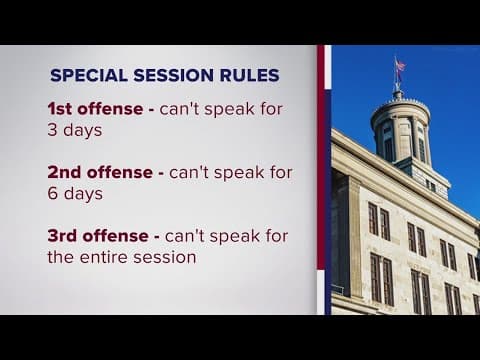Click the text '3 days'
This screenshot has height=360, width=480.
tap(75, 130)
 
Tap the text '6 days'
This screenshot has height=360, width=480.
tap(75, 193)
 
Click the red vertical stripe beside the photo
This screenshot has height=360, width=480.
tap(324, 180)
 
